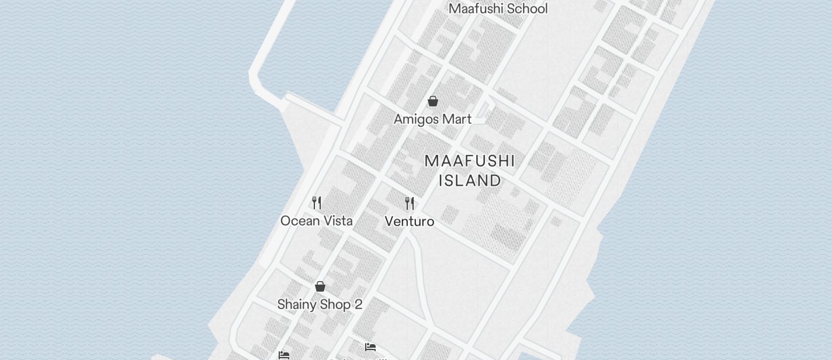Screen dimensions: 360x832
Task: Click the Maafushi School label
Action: point(498,9)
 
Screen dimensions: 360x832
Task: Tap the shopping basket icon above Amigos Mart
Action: point(433,102)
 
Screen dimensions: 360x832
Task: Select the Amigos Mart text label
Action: point(432,119)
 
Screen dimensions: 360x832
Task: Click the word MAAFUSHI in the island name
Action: point(470,161)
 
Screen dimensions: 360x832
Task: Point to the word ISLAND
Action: point(470,181)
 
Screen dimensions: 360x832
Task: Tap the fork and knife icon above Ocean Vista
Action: point(317,203)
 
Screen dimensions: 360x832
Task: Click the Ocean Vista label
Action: point(316,221)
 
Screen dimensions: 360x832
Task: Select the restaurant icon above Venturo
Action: point(410,203)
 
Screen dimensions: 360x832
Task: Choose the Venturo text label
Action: point(409,221)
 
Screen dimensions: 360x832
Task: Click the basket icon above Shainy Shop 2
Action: point(320,286)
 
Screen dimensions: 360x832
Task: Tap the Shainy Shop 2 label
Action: point(320,304)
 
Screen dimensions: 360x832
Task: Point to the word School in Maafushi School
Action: point(528,9)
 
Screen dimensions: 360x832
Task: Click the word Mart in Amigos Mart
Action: point(457,119)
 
